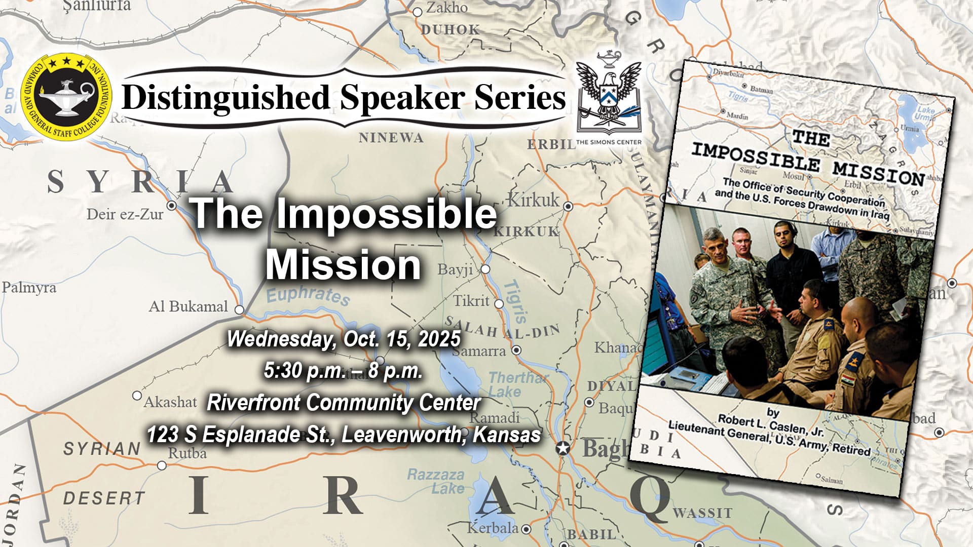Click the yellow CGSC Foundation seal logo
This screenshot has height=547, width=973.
[x=66, y=96]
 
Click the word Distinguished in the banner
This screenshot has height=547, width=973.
[x=226, y=97]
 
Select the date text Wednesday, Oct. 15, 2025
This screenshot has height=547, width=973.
[x=344, y=339]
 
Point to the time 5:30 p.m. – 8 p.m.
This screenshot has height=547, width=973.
[x=343, y=371]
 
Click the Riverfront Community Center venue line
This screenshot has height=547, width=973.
[x=344, y=403]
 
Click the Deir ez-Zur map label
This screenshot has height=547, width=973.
[x=125, y=214]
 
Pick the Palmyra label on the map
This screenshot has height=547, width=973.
[x=29, y=288]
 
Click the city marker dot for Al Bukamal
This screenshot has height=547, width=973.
[x=239, y=309]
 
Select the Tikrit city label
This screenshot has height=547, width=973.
[x=471, y=301]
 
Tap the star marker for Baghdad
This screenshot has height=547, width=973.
[x=563, y=448]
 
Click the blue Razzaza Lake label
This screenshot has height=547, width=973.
[x=436, y=481]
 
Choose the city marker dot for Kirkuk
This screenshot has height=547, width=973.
[x=568, y=206]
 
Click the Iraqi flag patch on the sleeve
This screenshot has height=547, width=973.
[x=848, y=378]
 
